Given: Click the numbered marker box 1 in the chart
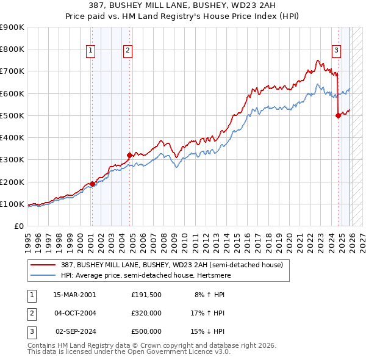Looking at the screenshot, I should [90, 51].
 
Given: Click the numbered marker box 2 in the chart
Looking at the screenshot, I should [127, 51].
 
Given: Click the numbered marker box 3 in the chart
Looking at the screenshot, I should [336, 51].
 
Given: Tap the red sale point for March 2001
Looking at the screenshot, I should [92, 184].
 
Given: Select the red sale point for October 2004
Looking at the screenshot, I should [129, 155].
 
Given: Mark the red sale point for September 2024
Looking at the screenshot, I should [338, 115].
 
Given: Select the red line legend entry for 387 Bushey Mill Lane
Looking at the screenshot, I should [171, 265].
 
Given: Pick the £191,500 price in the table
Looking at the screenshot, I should [146, 294].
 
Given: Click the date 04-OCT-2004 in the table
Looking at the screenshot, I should [74, 312].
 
